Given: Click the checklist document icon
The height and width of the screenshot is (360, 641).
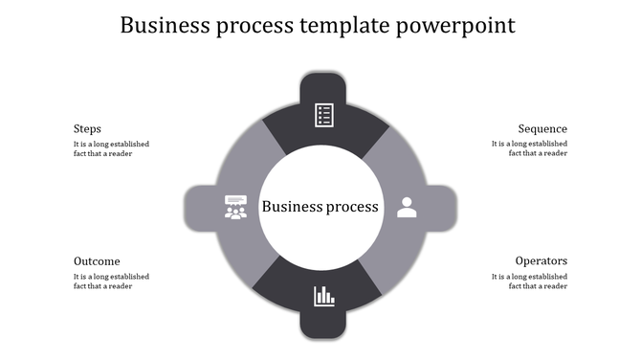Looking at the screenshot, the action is [324, 115].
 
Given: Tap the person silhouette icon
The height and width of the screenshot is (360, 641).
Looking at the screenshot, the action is [407, 207].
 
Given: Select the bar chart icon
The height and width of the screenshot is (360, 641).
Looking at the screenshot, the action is [324, 296].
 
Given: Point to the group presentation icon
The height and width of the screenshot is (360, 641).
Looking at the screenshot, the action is [235, 207].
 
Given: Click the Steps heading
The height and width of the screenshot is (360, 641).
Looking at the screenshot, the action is [87, 129].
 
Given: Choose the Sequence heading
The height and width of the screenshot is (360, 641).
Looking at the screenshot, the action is [542, 129].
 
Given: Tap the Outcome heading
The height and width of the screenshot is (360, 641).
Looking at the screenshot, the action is [97, 261].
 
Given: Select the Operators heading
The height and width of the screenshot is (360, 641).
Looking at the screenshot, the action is [541, 261].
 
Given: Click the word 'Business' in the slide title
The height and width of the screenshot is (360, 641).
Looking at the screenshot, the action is [167, 26].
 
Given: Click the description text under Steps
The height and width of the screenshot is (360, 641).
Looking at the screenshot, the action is [111, 149].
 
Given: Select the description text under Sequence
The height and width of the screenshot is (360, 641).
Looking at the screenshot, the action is [529, 149].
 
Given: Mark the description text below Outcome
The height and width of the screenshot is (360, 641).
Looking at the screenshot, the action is [111, 281].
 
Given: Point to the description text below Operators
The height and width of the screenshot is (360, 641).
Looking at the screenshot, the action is [529, 281].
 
